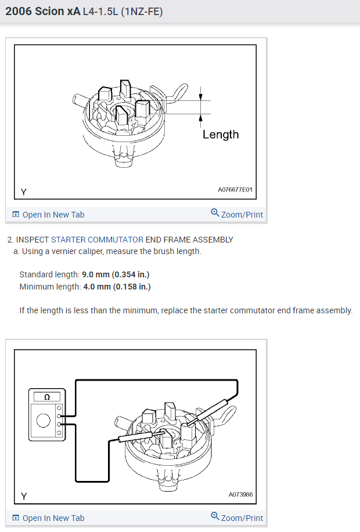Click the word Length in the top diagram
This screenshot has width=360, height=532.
[x=221, y=135]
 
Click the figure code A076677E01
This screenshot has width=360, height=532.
[x=236, y=190]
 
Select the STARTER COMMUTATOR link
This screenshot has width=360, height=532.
[x=97, y=240]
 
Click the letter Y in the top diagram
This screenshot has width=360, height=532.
[x=23, y=191]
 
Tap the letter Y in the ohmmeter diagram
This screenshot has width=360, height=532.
[x=24, y=496]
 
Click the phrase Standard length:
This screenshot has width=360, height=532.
[x=49, y=274]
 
